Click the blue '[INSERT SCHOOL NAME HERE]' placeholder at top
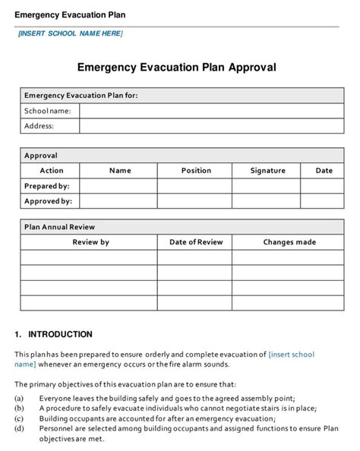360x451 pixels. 70,33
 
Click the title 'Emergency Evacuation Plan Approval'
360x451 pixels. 177,67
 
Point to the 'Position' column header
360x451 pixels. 196,171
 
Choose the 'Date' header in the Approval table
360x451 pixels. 324,171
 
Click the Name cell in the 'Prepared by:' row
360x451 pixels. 119,186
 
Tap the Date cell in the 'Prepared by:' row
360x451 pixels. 324,186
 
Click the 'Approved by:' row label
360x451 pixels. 48,201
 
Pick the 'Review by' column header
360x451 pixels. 90,242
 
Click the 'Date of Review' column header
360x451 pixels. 196,242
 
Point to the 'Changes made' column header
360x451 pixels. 289,242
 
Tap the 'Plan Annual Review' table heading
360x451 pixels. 59,227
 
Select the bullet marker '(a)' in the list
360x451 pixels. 19,398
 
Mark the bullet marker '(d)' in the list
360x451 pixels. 19,429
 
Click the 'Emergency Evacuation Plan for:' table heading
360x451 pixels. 81,96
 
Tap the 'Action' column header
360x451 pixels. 51,171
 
